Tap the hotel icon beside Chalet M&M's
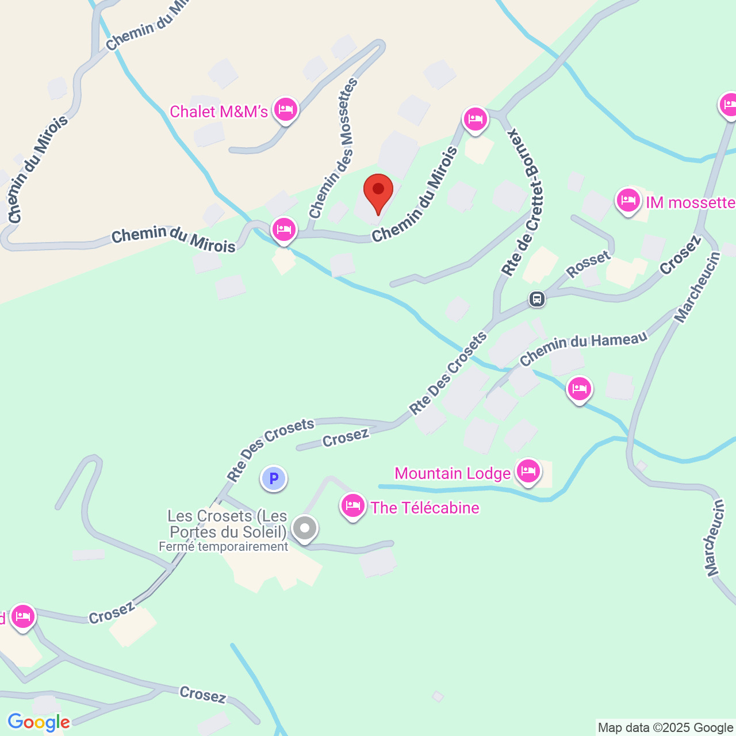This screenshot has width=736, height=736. click(286, 109)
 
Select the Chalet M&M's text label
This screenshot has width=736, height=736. click(219, 112)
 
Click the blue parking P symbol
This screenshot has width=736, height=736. click(274, 478)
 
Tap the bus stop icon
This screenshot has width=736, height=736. click(537, 299)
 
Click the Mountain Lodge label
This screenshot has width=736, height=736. click(453, 474)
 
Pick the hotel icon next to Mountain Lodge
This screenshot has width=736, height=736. click(528, 471)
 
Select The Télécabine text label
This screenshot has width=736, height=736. click(425, 508)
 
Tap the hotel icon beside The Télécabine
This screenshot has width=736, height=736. click(353, 506)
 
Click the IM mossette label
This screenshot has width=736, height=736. click(691, 202)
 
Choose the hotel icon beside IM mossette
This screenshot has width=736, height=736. click(628, 201)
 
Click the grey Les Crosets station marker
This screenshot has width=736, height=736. click(305, 527)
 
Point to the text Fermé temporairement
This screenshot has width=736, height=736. click(223, 547)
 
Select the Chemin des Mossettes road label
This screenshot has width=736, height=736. click(334, 149)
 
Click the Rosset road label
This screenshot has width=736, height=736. click(588, 263)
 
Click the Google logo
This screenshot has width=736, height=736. click(39, 722)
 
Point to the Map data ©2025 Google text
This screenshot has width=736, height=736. click(665, 728)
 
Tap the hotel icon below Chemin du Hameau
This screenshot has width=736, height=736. click(579, 389)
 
